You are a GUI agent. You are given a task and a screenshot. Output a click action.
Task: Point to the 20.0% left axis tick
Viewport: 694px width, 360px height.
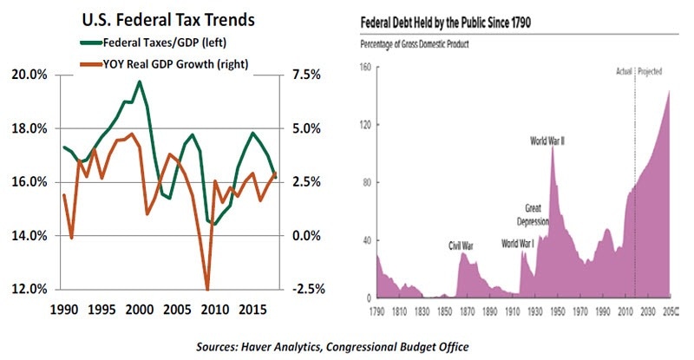pyautogui.click(x=29, y=75)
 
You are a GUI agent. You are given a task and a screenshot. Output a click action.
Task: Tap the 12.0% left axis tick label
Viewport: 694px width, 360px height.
pyautogui.click(x=29, y=289)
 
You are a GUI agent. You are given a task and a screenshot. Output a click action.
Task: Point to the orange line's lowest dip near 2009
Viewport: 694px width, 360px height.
pyautogui.click(x=207, y=289)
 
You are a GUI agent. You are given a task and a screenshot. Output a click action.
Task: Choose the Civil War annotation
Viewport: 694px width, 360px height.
pyautogui.click(x=461, y=246)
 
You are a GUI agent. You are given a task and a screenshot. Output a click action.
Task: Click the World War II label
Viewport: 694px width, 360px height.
pyautogui.click(x=548, y=139)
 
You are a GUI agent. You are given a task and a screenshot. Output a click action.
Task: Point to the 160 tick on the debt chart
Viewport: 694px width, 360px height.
pyautogui.click(x=365, y=67)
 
